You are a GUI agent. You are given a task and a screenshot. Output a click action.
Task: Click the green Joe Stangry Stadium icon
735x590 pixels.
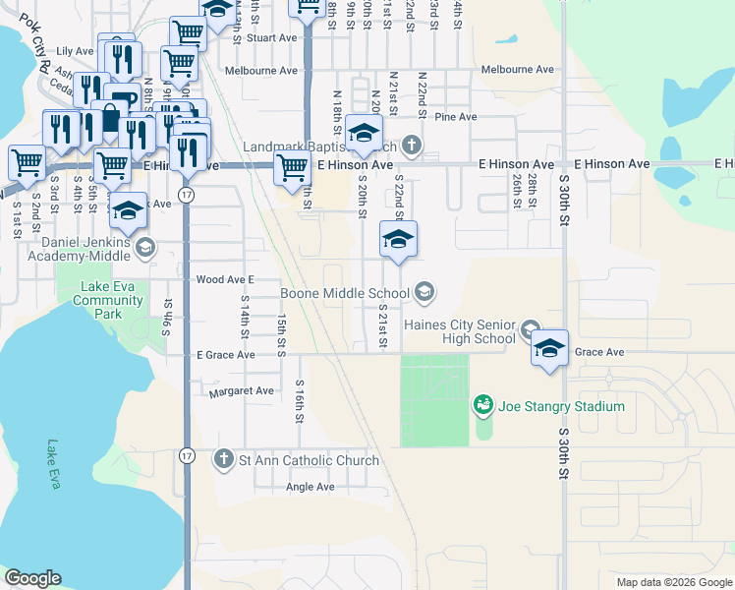[482, 404]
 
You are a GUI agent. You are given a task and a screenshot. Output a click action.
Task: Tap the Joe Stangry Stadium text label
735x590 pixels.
[560, 405]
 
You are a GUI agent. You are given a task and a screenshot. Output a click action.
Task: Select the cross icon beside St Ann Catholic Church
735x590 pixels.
[224, 459]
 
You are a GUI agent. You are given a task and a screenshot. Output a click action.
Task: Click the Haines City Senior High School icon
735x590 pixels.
[531, 328]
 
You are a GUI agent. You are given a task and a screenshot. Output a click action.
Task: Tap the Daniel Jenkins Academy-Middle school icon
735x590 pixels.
[145, 246]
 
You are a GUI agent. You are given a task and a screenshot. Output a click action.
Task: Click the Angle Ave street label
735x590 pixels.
[311, 487]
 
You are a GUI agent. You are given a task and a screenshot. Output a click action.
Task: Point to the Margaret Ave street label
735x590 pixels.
[241, 391]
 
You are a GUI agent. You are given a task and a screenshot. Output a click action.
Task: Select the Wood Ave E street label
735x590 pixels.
[225, 280]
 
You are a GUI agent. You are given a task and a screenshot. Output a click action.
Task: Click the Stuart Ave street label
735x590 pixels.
[272, 38]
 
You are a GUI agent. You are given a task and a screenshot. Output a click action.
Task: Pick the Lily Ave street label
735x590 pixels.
[75, 51]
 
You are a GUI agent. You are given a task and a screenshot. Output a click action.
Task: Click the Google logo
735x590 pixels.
[32, 578]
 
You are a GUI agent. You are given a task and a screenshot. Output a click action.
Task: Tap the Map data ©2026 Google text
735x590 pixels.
[673, 582]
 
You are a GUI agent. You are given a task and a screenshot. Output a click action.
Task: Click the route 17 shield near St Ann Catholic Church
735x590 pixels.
[187, 455]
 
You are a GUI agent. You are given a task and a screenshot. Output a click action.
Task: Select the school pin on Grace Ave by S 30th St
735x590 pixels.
[549, 350]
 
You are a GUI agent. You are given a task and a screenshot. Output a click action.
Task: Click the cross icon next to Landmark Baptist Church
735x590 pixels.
[411, 147]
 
